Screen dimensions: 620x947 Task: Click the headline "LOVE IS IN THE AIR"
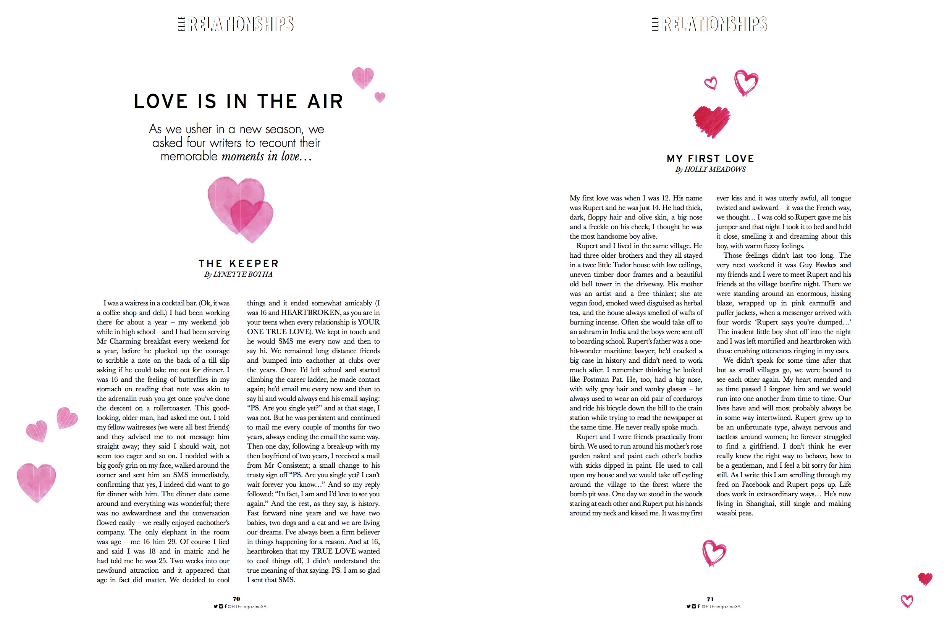[x=238, y=102]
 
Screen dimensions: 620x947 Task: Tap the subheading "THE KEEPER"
[x=238, y=264]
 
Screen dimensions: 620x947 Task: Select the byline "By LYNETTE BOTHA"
[x=238, y=274]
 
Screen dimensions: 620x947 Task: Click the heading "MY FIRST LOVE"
[x=710, y=159]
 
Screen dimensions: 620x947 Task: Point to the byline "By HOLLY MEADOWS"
[x=710, y=170]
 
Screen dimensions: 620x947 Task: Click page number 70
[x=236, y=599]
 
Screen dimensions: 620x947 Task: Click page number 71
[x=710, y=599]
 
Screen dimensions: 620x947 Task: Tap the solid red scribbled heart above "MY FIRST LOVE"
[x=711, y=121]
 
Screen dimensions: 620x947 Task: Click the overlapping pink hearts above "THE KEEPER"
[x=240, y=209]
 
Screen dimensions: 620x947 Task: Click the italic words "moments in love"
[x=266, y=156]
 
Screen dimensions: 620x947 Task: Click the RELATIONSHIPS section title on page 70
[x=241, y=24]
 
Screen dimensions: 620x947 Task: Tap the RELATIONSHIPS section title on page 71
[x=714, y=24]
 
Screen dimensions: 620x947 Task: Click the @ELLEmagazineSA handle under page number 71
[x=721, y=607]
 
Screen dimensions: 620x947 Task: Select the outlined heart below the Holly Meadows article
[x=714, y=553]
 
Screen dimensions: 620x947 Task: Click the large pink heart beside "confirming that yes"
[x=36, y=481]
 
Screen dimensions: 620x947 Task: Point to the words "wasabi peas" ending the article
[x=735, y=513]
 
